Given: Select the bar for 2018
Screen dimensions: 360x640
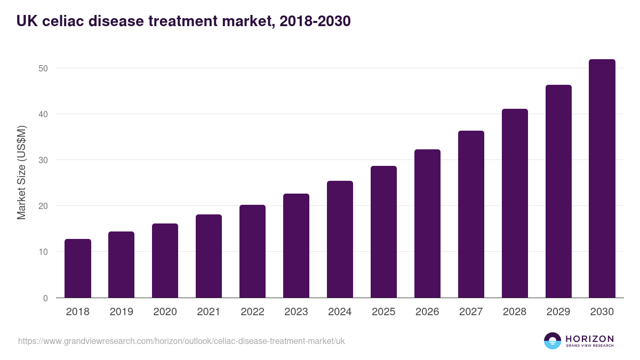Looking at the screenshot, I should pos(78,268).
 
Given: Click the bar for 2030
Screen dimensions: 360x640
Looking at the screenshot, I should pos(602,179).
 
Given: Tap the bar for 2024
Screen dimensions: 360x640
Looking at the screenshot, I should pos(340,239).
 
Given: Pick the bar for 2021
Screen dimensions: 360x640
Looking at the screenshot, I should pos(209,256).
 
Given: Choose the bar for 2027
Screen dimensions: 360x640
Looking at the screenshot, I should pos(471,214).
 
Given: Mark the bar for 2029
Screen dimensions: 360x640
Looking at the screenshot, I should pos(558,191).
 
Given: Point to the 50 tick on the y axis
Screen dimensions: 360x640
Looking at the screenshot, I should pos(43,68).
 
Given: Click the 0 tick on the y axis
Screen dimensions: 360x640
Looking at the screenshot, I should pos(45,298).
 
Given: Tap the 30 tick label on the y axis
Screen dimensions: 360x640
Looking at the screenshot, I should pos(43,160).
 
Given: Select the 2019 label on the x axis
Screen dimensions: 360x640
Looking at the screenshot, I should pos(121,312).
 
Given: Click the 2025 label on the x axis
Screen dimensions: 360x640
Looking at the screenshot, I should pos(383,312).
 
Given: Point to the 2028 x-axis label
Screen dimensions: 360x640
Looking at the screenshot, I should pos(515,312).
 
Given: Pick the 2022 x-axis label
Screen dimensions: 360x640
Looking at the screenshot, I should pos(252,312).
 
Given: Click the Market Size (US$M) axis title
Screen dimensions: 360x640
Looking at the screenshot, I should pos(21,172).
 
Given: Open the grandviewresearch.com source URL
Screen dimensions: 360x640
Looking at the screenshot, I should pos(181,341).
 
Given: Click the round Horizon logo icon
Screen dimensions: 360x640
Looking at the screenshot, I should pos(553,341).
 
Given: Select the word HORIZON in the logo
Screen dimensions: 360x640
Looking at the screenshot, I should pos(589,339).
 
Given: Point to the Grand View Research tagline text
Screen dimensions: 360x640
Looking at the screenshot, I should pos(589,346).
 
